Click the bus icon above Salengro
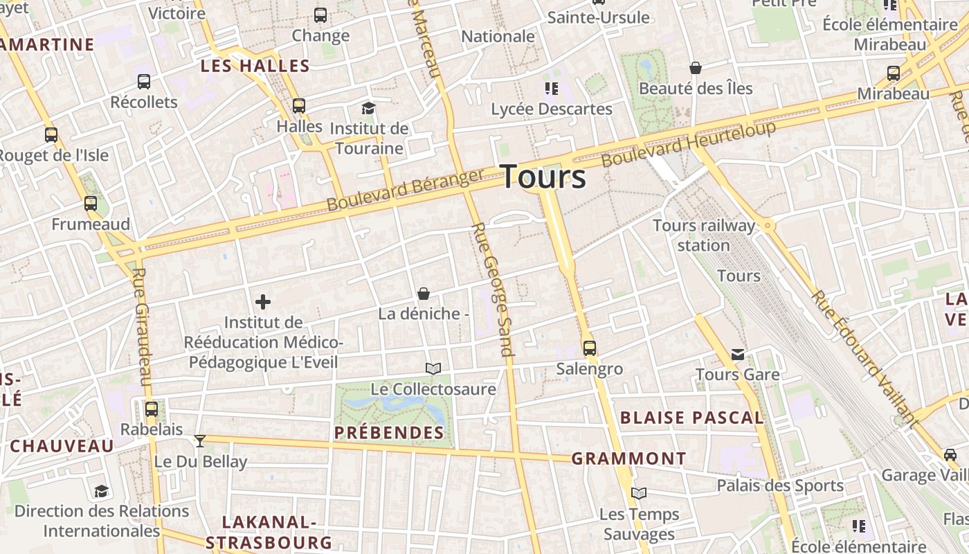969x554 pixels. click(x=589, y=348)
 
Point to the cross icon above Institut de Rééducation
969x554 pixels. click(x=263, y=301)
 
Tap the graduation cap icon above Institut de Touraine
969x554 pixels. click(x=368, y=108)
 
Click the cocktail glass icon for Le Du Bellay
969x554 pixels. click(x=200, y=440)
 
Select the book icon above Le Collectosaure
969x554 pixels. click(x=433, y=368)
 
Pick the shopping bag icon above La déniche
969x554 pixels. click(x=424, y=294)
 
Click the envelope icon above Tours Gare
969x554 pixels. click(x=738, y=355)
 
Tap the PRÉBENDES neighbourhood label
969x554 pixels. click(x=388, y=433)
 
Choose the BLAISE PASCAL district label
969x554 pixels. click(x=691, y=418)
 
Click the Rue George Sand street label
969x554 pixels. click(x=493, y=289)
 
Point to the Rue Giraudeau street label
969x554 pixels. click(x=141, y=327)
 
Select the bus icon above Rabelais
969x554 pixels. click(x=152, y=409)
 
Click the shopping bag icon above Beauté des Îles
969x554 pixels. click(x=696, y=68)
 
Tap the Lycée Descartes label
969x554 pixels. click(x=552, y=109)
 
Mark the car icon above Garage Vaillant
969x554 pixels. click(x=950, y=455)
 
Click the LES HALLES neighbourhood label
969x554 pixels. click(x=255, y=66)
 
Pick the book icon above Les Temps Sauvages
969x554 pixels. click(x=639, y=493)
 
